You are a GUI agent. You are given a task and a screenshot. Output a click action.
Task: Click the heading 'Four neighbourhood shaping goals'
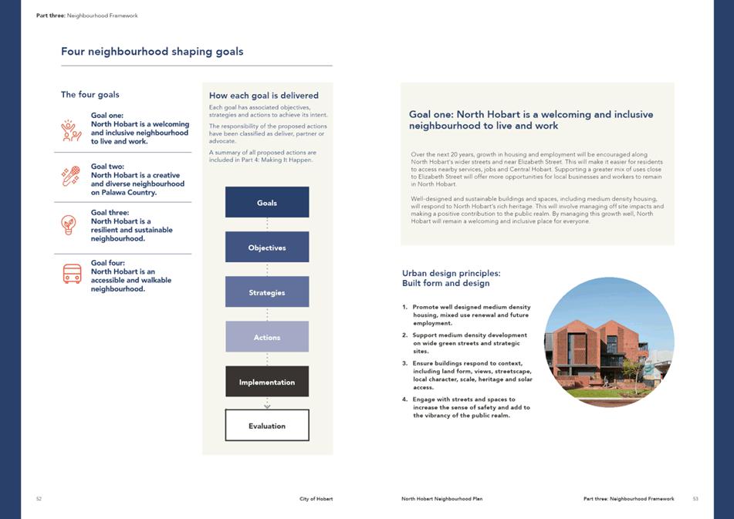pyautogui.click(x=152, y=52)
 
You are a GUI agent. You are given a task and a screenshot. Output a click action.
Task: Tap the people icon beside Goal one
pyautogui.click(x=72, y=130)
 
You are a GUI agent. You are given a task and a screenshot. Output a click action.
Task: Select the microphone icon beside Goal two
pyautogui.click(x=71, y=177)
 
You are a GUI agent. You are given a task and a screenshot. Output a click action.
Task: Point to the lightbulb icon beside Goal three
pyautogui.click(x=69, y=224)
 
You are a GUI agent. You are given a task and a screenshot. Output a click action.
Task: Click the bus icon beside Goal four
pyautogui.click(x=72, y=274)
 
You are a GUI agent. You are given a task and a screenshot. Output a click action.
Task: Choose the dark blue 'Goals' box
pyautogui.click(x=267, y=203)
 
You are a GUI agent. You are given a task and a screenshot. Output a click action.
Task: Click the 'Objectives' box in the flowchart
pyautogui.click(x=267, y=248)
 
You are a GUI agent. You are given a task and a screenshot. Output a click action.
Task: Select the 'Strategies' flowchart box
pyautogui.click(x=267, y=292)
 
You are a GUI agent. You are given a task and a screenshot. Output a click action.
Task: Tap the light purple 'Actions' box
pyautogui.click(x=267, y=337)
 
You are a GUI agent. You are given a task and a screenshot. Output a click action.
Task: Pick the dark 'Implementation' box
pyautogui.click(x=267, y=382)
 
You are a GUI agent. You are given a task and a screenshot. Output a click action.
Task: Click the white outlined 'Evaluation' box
pyautogui.click(x=267, y=426)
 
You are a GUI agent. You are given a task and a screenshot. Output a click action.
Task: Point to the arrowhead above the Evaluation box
pyautogui.click(x=267, y=406)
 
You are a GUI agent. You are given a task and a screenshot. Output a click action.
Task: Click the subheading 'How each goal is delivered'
pyautogui.click(x=264, y=96)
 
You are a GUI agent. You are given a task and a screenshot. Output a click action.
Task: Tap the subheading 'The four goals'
pyautogui.click(x=90, y=95)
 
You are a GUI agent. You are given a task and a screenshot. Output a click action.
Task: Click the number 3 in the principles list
pyautogui.click(x=404, y=363)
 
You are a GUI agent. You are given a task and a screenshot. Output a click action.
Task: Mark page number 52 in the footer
pyautogui.click(x=39, y=499)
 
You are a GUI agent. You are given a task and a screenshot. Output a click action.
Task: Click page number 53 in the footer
pyautogui.click(x=695, y=499)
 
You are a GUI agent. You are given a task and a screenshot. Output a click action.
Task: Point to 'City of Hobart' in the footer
pyautogui.click(x=316, y=499)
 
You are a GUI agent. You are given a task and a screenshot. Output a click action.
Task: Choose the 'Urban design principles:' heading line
pyautogui.click(x=452, y=273)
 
